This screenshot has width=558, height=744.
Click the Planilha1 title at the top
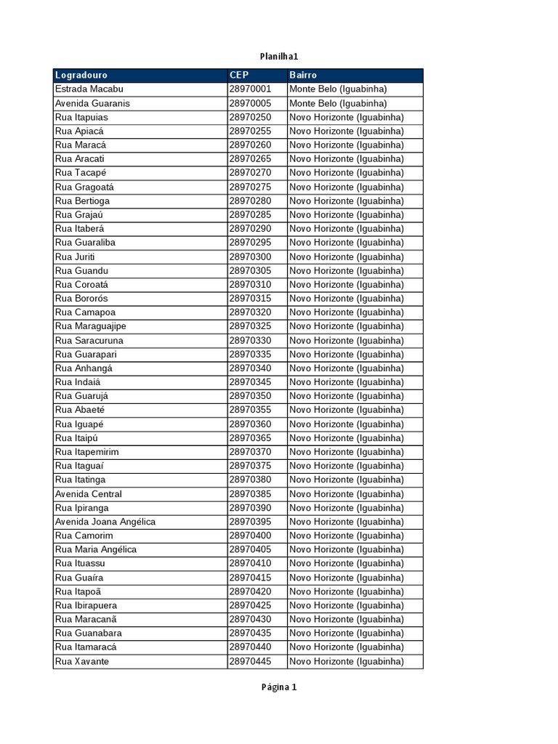coord(279,56)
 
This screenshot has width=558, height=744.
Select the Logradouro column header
coord(81,75)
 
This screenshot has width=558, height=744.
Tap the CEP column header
coord(239,75)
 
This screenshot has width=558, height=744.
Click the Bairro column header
coord(303,75)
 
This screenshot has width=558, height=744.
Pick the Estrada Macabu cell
coord(89,89)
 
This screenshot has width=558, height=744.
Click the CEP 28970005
coord(250,103)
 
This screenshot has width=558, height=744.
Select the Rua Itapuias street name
coord(81,117)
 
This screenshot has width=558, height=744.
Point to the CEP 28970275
coord(250,187)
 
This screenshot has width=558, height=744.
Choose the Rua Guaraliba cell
coord(85,243)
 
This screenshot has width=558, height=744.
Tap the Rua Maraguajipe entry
coord(91,326)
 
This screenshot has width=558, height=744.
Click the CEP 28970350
coord(250,396)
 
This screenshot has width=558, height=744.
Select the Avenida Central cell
coord(89,494)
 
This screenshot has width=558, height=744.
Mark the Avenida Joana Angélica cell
coord(105,522)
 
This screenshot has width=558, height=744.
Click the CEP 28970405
coord(250,549)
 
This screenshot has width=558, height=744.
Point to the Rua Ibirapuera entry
coord(86,605)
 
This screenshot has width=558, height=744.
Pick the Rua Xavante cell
coord(82,661)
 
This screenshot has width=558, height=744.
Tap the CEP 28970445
coord(250,661)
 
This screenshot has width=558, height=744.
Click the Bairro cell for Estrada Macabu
coord(338,89)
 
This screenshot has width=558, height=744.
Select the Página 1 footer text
coord(279,687)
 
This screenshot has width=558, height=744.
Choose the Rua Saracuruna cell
coord(89,340)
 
